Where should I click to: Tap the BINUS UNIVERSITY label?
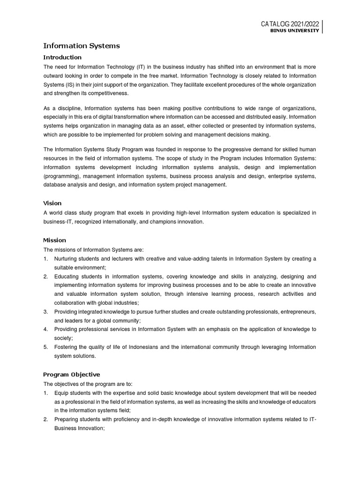[x=296, y=31]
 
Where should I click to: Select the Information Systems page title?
[x=81, y=46]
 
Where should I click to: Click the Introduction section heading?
[x=62, y=57]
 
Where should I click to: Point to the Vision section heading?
[x=52, y=203]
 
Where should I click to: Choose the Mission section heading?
[x=54, y=240]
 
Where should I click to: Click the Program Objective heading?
[x=71, y=375]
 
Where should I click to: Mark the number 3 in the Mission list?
[x=45, y=312]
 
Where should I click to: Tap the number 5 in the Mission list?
[x=45, y=347]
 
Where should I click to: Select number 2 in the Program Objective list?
[x=45, y=419]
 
